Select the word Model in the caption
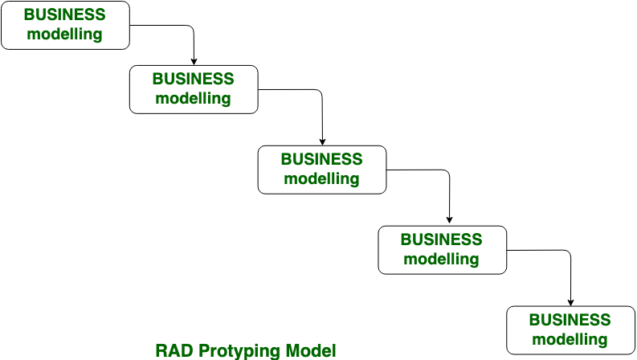pos(311,350)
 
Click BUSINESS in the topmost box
pos(65,14)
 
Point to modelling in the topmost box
pos(64,34)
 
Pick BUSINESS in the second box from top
pos(194,79)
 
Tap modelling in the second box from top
pos(193,98)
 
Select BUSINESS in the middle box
pos(322,159)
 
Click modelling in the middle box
pos(321,178)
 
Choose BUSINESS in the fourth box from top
pos(442,239)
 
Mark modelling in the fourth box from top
pos(441,260)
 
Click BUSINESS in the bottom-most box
pos(570,320)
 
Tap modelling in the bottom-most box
pos(570,340)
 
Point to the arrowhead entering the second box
pos(194,62)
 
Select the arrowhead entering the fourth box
pos(449,220)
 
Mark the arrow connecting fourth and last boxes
pos(568,251)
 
